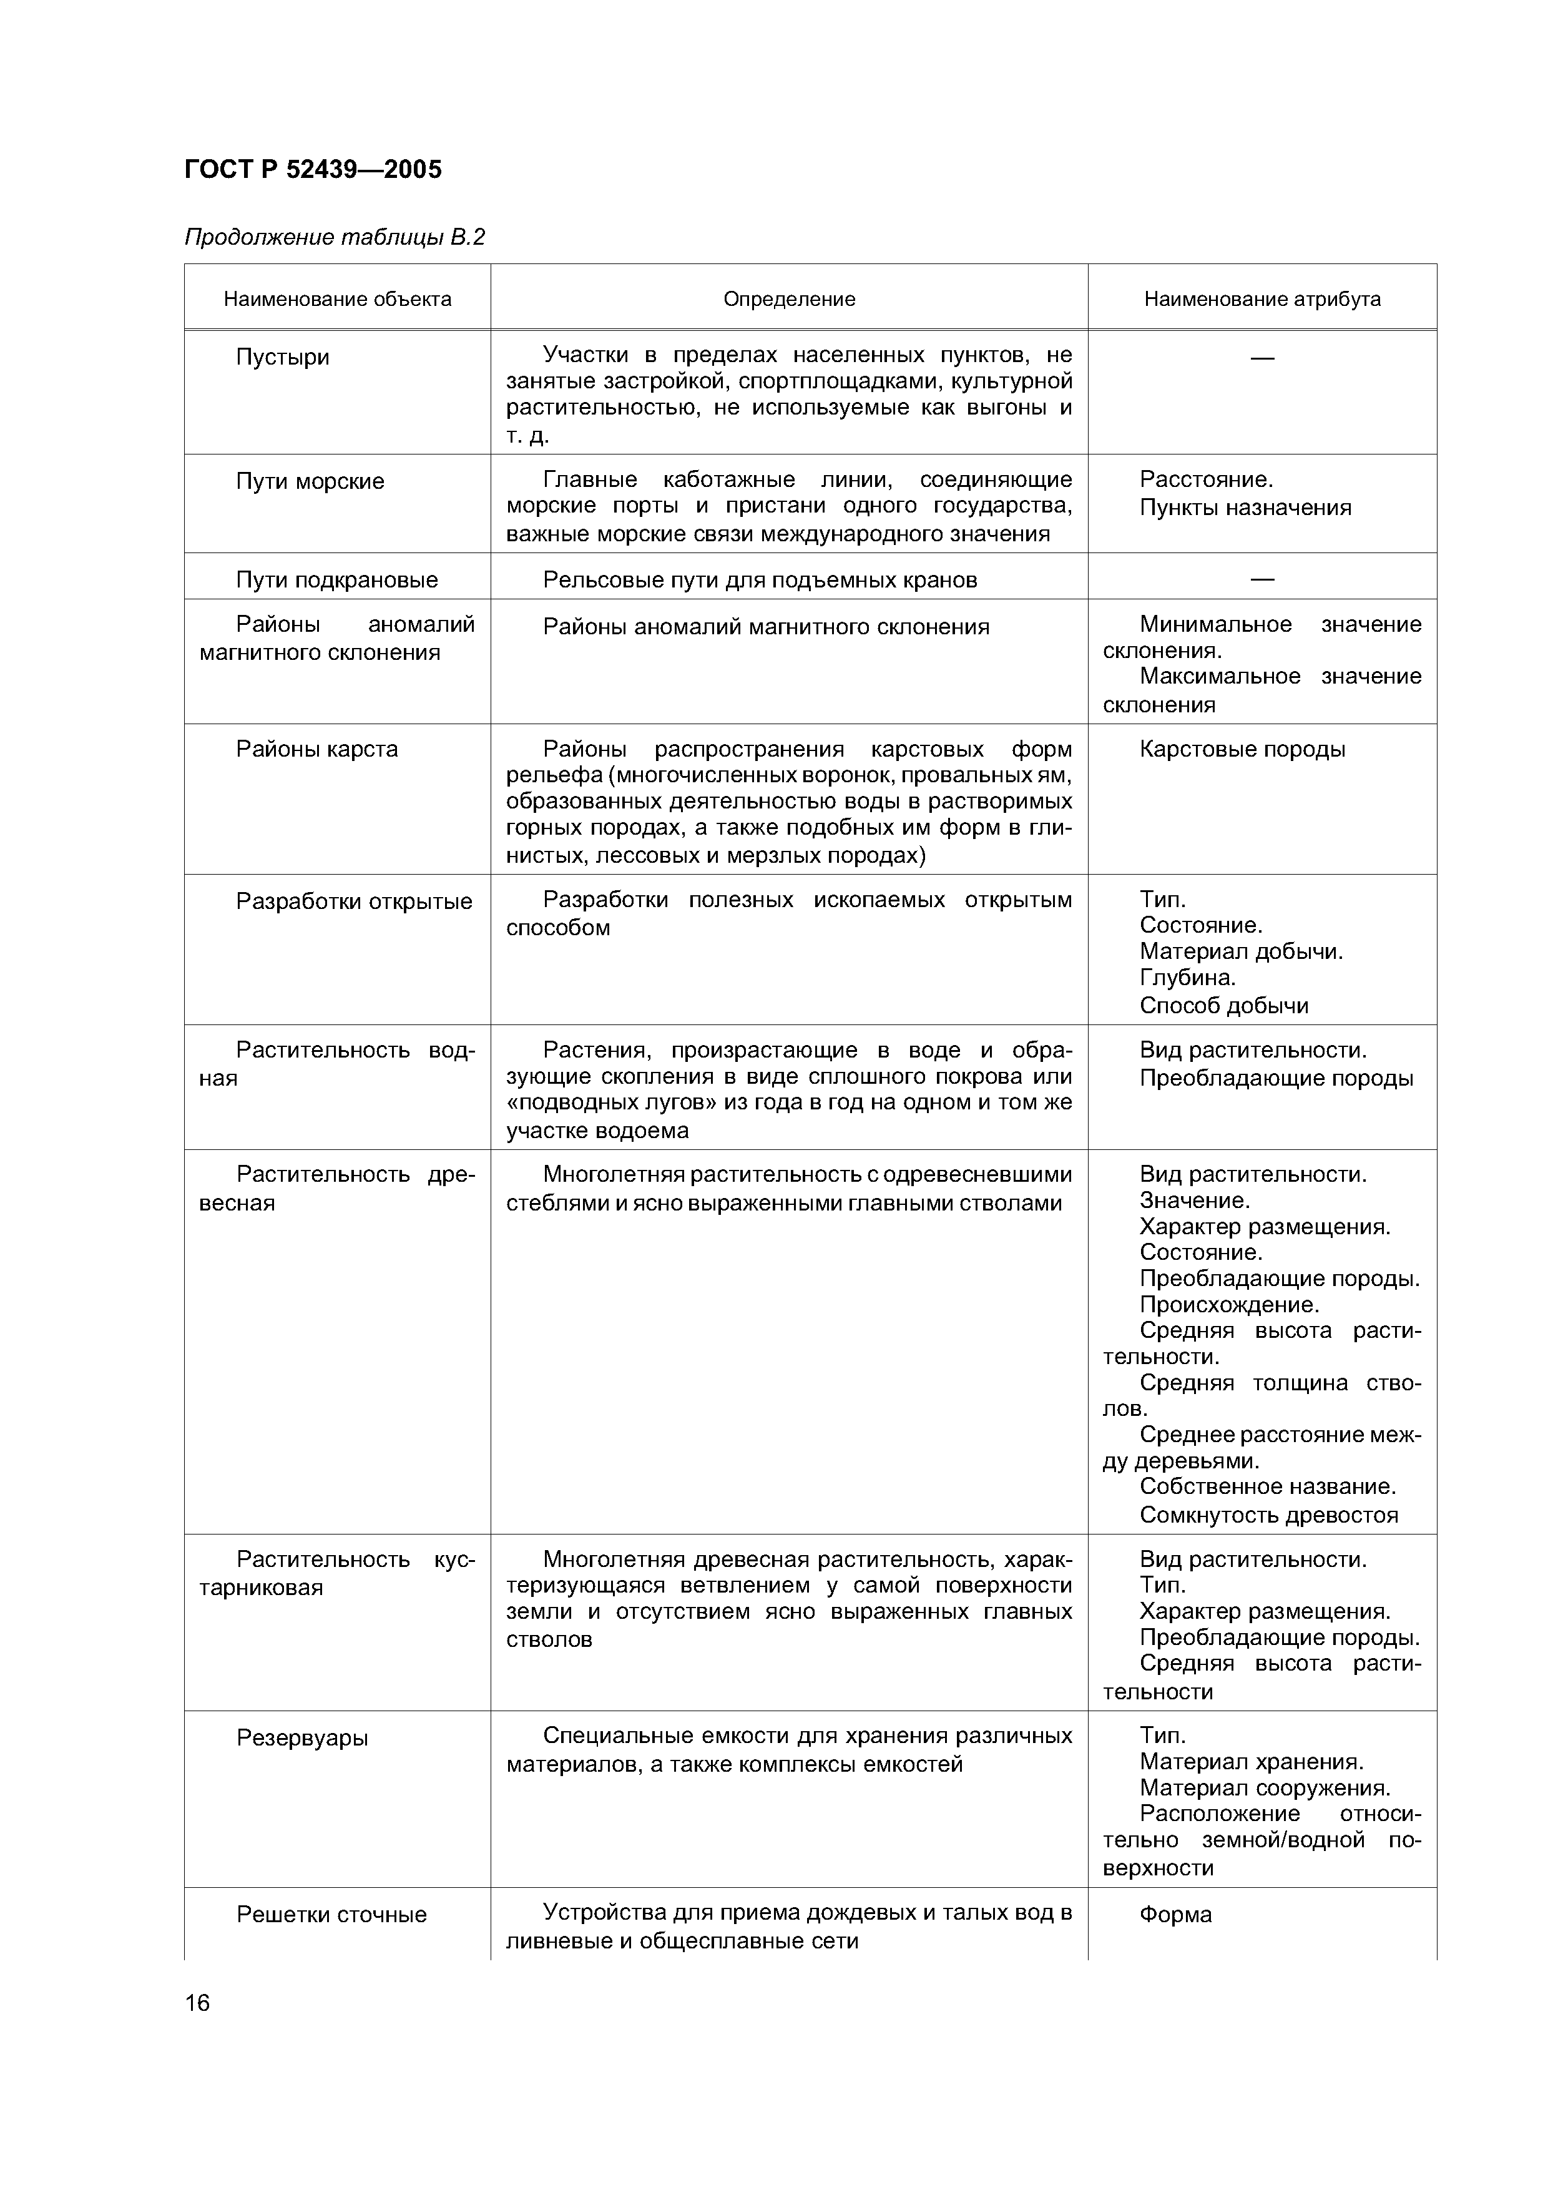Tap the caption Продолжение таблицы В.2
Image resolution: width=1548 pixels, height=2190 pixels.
(x=335, y=237)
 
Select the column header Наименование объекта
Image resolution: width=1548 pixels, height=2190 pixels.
(x=338, y=300)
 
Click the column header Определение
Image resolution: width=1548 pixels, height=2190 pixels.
(x=789, y=300)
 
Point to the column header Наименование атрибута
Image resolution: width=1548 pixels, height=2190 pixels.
(x=1262, y=300)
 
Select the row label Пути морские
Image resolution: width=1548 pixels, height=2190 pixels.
(x=310, y=482)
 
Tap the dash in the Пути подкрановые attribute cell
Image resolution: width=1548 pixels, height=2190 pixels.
(x=1262, y=579)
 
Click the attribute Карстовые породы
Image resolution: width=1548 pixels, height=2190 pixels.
(x=1242, y=750)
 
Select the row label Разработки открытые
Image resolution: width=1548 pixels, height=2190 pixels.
(x=354, y=901)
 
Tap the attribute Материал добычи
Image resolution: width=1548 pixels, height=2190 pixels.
(x=1241, y=952)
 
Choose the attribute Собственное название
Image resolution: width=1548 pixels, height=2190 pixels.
(x=1268, y=1487)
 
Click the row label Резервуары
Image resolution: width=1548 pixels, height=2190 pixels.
(x=302, y=1738)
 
